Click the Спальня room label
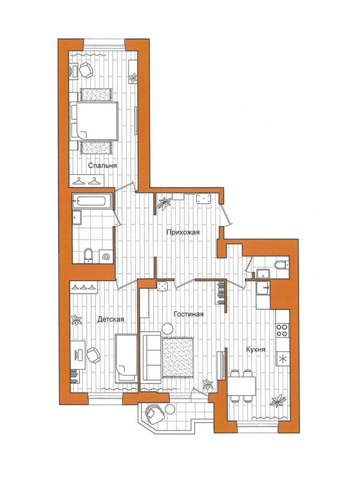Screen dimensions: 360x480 coord(102,166)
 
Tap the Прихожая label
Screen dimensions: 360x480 coord(183,232)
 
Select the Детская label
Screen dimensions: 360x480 coord(110,319)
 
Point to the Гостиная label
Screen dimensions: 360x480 coord(188,314)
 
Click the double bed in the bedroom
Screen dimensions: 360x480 coord(94,121)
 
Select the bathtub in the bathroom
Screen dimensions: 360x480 coord(92,201)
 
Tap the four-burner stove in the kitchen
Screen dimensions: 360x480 coord(282,330)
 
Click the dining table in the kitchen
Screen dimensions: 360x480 coord(241,386)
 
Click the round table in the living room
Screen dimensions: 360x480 coord(168,329)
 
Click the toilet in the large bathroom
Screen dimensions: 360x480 coord(88,256)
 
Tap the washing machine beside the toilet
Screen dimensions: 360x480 coord(106,256)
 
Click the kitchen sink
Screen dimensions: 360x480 coord(263,288)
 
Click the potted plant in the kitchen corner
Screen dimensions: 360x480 coord(278,400)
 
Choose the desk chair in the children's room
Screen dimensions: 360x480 coord(94,355)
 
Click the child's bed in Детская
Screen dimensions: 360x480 coord(126,358)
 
